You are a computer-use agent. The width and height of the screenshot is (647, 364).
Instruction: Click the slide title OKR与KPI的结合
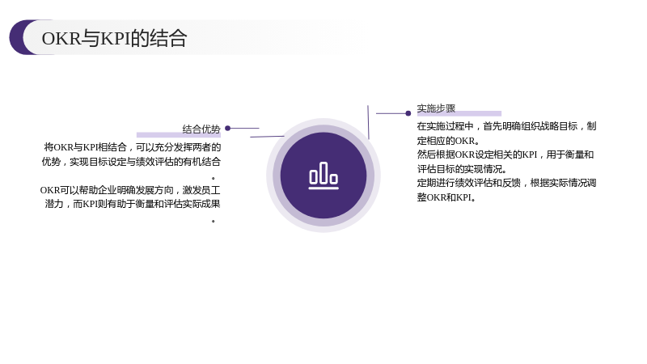pos(114,38)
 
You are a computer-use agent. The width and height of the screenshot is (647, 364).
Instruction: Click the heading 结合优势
pos(201,129)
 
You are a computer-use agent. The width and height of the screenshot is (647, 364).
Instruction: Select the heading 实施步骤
pos(436,108)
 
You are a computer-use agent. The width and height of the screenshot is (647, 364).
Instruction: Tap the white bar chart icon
pos(323,176)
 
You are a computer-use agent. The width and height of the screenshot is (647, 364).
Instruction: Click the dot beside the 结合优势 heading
pos(228,129)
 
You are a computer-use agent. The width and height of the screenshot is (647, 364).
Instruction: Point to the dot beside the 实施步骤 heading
pos(408,113)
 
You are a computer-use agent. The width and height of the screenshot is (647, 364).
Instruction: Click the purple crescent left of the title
pos(22,37)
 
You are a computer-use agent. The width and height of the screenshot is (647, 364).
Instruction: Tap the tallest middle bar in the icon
pos(324,172)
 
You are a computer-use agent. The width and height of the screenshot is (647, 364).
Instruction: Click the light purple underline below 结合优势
pos(179,135)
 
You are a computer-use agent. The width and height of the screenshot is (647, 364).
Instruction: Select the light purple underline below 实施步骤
pos(459,113)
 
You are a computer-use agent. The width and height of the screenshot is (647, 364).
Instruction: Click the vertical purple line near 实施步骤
pos(368,122)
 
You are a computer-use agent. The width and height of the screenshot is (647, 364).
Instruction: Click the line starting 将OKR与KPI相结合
pos(133,147)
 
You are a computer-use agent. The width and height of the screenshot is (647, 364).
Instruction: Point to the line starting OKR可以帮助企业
pos(130,190)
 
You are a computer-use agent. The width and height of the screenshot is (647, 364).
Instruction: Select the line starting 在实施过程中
pos(507,126)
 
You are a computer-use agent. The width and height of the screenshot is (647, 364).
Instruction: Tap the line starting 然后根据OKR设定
pos(505,154)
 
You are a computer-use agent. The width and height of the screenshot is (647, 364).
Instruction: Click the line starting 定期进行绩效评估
pos(507,183)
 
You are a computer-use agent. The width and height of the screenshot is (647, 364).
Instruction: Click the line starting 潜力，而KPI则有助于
pos(133,204)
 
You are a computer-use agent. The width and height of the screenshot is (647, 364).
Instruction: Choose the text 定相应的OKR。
pos(449,141)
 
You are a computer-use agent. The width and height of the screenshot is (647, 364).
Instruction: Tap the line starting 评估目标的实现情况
pos(462,169)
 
